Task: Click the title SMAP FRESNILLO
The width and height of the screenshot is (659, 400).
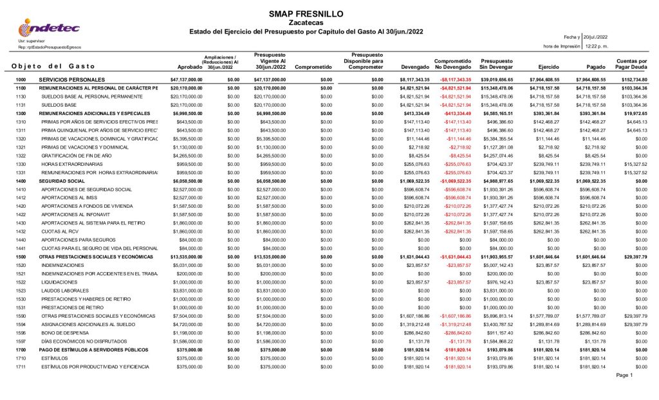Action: (x=297, y=14)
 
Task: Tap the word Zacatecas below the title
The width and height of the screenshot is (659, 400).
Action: (x=297, y=23)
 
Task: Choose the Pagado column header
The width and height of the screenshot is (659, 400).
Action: (x=596, y=66)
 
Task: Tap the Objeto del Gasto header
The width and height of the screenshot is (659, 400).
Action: (x=53, y=66)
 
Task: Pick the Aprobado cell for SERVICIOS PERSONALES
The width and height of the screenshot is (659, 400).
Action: (x=186, y=79)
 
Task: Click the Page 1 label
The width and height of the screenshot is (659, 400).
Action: (x=624, y=375)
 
